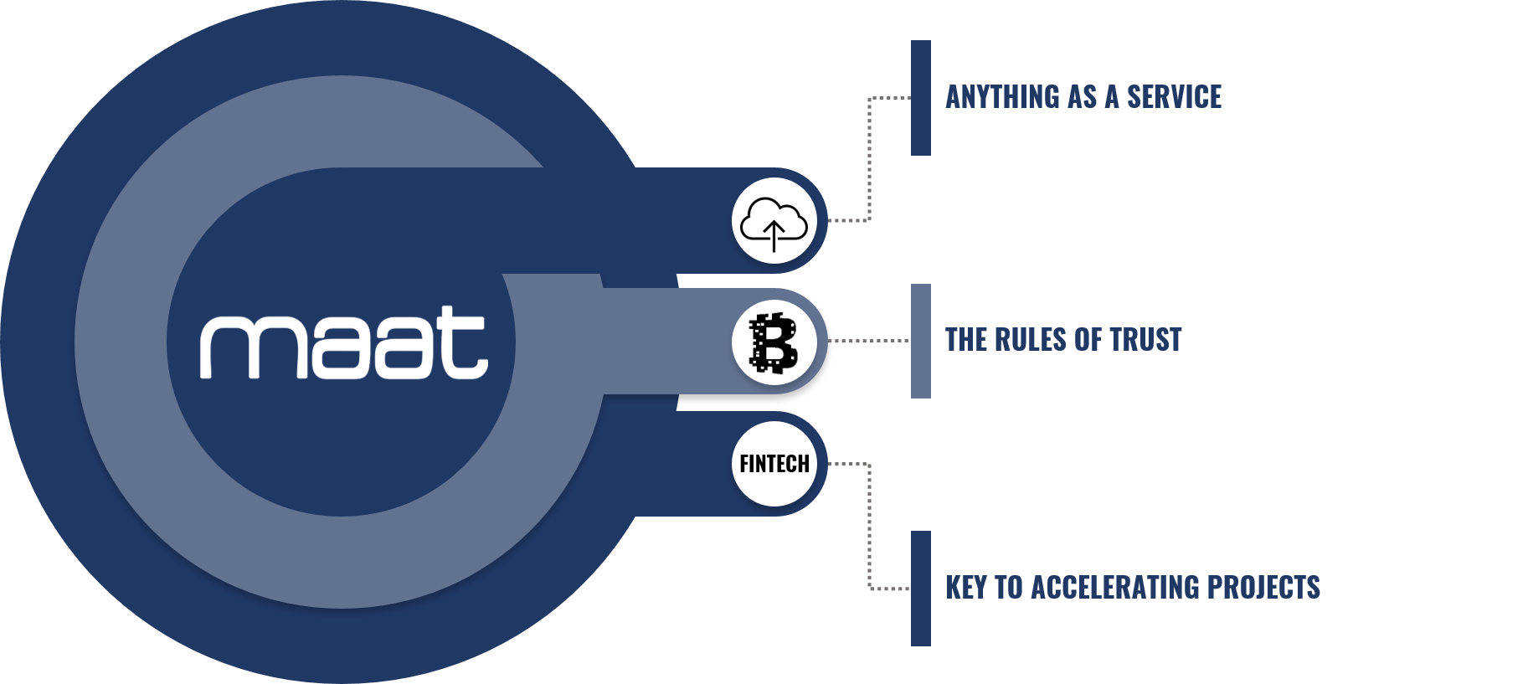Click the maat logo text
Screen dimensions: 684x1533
(343, 343)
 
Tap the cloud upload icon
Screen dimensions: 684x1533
(774, 222)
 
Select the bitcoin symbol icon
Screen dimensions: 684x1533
(774, 342)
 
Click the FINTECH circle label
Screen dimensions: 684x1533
(774, 464)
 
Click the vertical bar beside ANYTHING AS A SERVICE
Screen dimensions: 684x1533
(921, 98)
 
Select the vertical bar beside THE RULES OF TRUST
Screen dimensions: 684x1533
(921, 341)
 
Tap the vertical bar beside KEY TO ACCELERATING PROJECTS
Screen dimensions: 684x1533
(921, 588)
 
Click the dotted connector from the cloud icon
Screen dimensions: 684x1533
(870, 159)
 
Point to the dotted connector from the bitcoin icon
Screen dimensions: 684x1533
(868, 341)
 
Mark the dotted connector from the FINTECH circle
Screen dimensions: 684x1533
(870, 527)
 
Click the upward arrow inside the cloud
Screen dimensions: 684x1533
(774, 236)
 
